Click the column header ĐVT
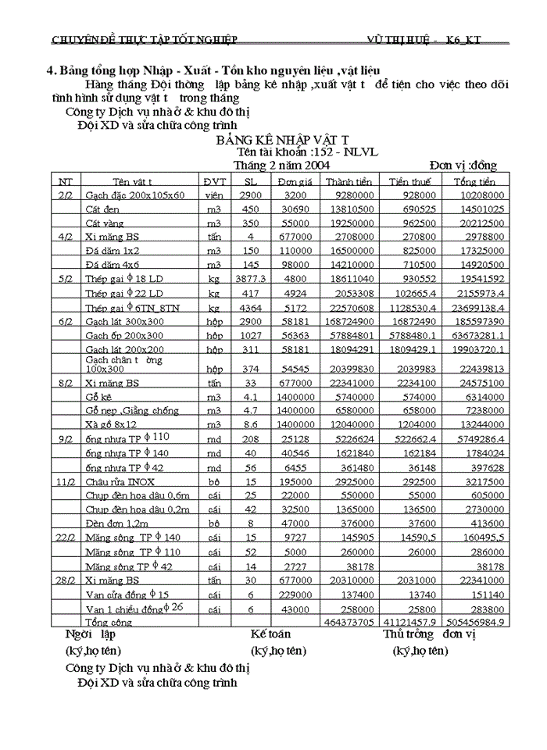tap(214, 181)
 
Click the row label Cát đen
tap(102, 209)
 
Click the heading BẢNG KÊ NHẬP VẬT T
tap(282, 139)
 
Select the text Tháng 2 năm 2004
tap(281, 166)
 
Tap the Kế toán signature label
tap(270, 634)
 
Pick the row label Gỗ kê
tap(99, 397)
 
